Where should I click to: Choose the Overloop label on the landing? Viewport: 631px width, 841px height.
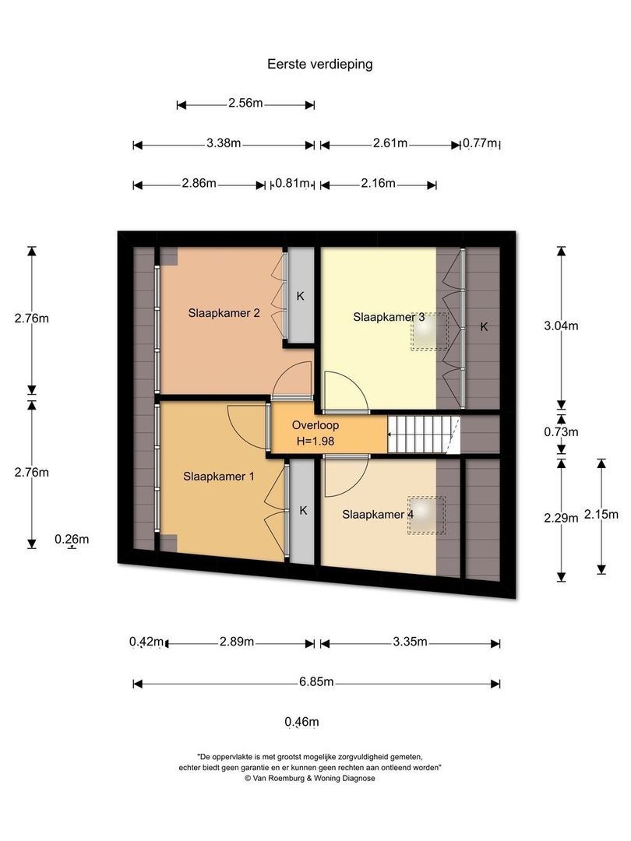click(315, 425)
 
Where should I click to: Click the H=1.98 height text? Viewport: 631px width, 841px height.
click(315, 441)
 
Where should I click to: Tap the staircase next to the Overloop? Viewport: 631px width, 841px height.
click(422, 434)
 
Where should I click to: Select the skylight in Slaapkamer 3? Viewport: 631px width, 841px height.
click(429, 333)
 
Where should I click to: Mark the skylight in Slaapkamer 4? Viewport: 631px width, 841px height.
click(425, 516)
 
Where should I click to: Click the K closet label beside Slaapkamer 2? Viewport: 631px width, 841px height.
click(300, 296)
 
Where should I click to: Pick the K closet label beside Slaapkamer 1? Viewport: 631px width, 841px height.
click(303, 511)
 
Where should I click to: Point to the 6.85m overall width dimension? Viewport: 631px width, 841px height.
click(317, 682)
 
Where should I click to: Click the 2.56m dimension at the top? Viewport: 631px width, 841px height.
click(245, 104)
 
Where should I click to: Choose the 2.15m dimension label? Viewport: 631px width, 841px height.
click(602, 514)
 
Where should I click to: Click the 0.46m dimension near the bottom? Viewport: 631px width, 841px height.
click(302, 722)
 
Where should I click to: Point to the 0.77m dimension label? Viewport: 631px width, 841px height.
click(480, 143)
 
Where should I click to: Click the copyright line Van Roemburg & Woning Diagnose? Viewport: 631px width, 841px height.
click(310, 777)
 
